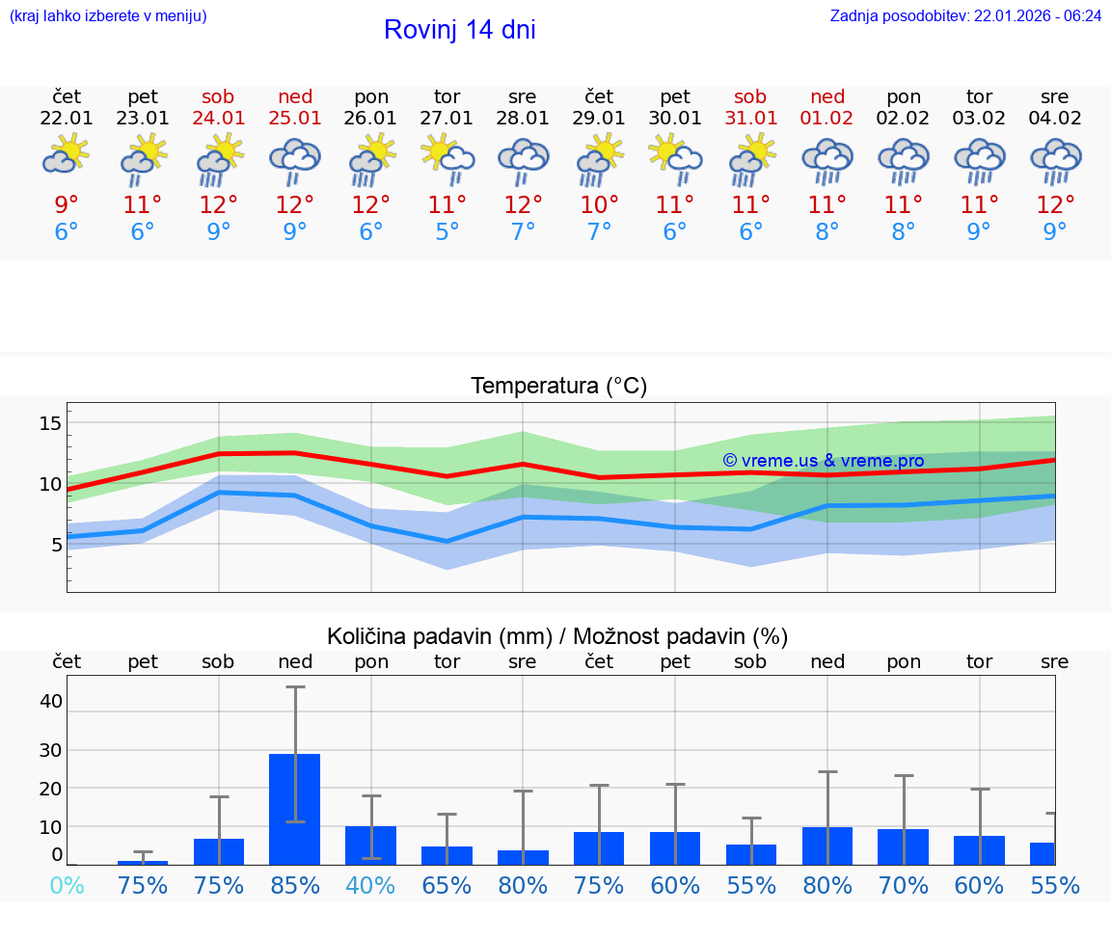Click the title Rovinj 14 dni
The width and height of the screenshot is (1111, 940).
click(x=459, y=30)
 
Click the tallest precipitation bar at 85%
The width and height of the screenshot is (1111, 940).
click(x=294, y=809)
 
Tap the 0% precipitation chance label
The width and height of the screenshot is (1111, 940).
click(x=67, y=885)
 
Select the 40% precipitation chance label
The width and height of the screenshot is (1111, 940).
click(x=370, y=885)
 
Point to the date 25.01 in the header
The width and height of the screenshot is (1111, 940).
click(x=295, y=119)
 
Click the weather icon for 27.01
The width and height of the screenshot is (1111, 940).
click(x=447, y=160)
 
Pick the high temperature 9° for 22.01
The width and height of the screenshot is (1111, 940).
click(x=67, y=205)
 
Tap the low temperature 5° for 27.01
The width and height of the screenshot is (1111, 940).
click(x=447, y=231)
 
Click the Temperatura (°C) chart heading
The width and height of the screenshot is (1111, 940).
click(x=558, y=387)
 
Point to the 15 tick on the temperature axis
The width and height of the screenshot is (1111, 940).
click(x=50, y=423)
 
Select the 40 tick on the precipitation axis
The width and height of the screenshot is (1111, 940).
click(x=50, y=701)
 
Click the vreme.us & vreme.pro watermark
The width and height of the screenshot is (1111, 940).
click(x=823, y=461)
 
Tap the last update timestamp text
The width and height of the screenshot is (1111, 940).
click(x=965, y=16)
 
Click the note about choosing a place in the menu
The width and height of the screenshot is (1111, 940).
click(x=108, y=16)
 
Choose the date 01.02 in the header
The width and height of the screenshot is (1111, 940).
click(x=826, y=119)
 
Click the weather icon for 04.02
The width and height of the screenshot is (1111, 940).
click(x=1055, y=160)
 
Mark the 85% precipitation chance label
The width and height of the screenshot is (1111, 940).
click(x=295, y=885)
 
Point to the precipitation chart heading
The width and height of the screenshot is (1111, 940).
click(x=557, y=636)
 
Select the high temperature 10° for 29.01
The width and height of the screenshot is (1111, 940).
click(x=599, y=205)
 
